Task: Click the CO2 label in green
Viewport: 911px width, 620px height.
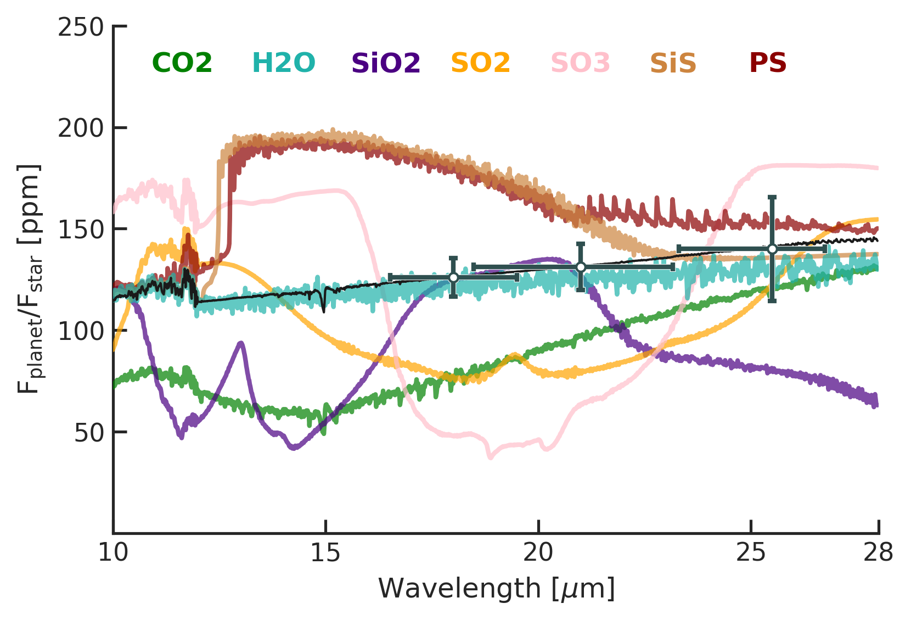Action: coord(182,63)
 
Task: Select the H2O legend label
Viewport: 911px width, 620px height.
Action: coord(284,63)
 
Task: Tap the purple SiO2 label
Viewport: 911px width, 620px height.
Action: coord(386,63)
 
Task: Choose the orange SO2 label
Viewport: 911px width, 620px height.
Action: coord(480,63)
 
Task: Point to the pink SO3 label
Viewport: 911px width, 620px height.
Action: coord(580,63)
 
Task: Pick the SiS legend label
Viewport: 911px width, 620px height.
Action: coord(673,63)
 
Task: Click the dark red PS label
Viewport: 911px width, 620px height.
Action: coord(768,63)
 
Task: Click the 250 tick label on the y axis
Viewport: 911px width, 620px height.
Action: coord(81,27)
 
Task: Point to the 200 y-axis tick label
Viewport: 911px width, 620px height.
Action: coord(81,128)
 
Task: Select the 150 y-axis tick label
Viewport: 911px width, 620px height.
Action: coord(81,230)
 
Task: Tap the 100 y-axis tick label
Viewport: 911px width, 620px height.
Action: coord(81,331)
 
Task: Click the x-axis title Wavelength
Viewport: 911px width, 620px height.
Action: coord(496,589)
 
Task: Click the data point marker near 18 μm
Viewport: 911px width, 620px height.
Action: coord(453,277)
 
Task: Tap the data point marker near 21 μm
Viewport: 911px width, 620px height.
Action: coord(581,267)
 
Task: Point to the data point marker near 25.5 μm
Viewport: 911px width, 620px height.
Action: coord(772,249)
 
